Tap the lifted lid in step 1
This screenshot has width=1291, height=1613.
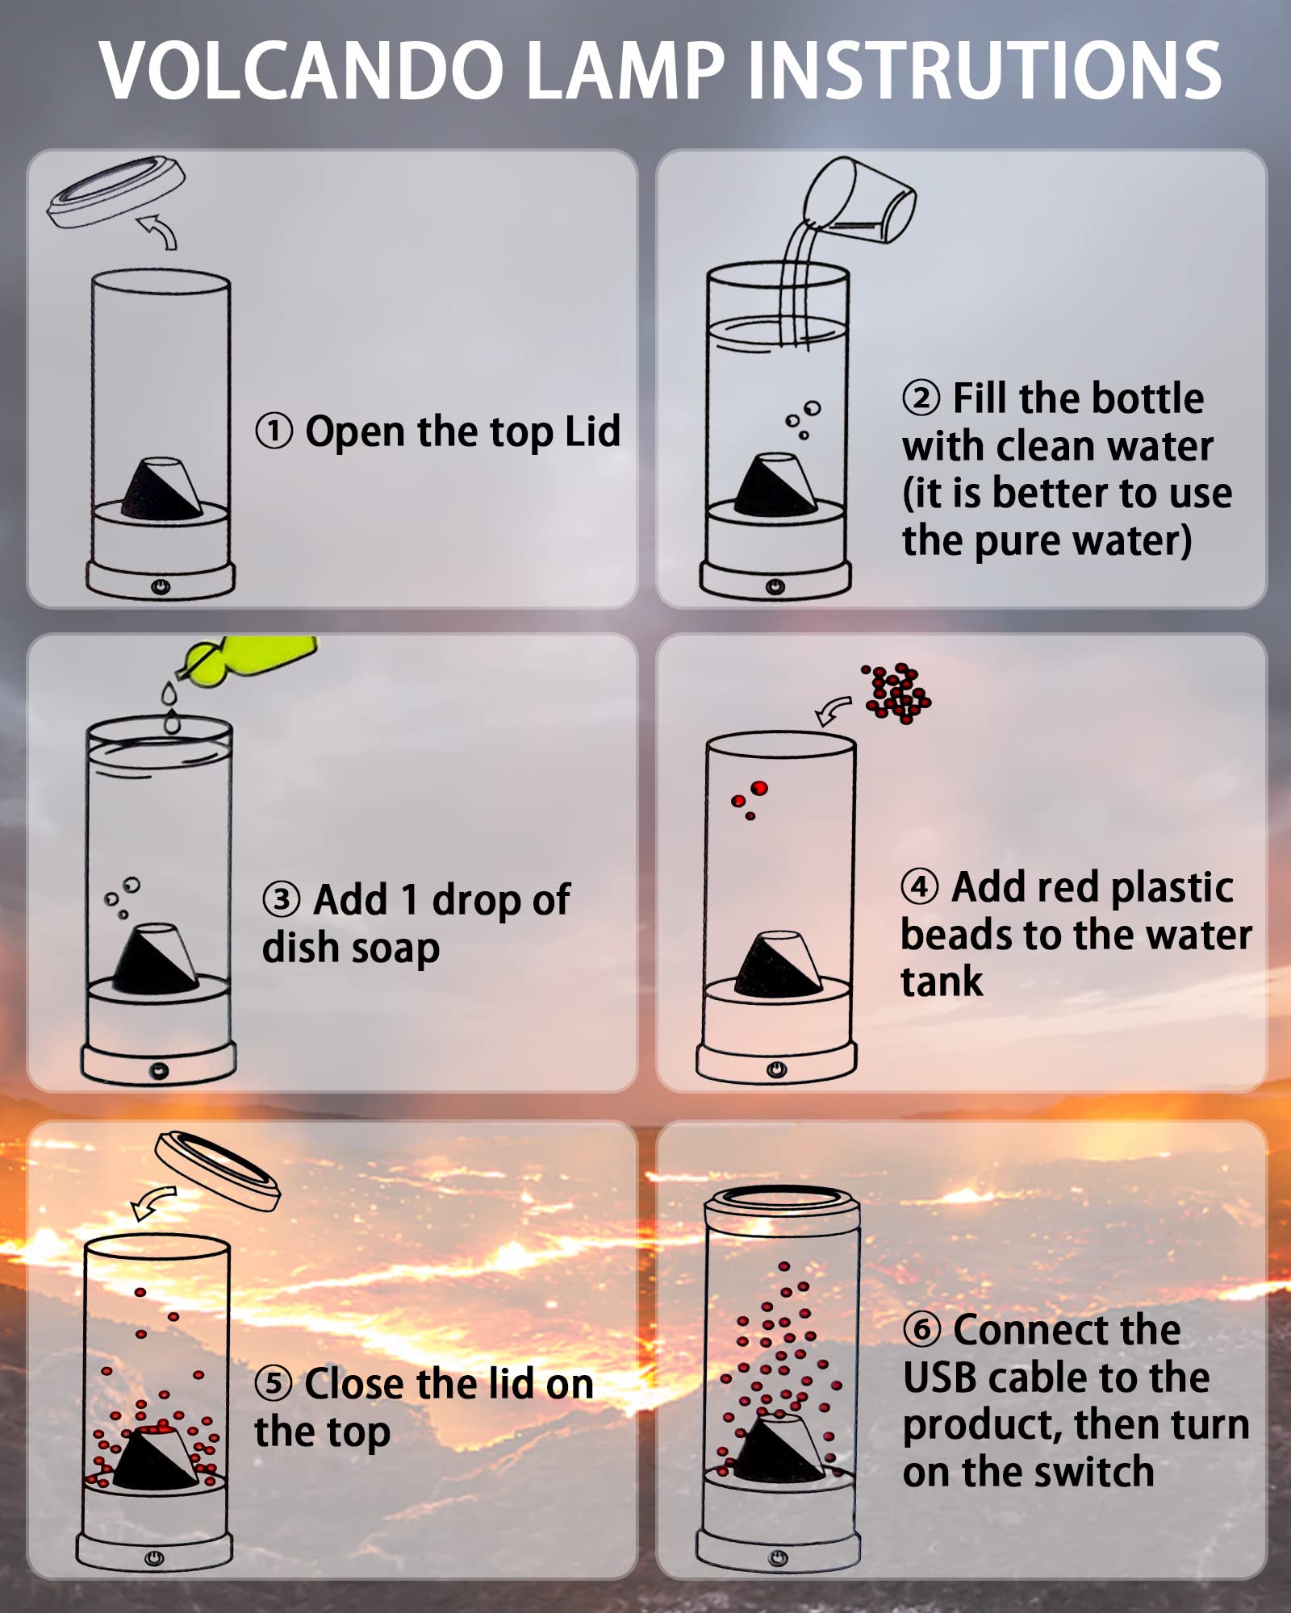tap(115, 192)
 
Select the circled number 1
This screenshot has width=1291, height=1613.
tap(274, 431)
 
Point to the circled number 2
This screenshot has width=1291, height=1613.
tap(921, 398)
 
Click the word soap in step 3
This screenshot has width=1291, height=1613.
tap(395, 948)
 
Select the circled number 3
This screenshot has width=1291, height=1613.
tap(282, 899)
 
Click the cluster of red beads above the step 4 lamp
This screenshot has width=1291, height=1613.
tap(896, 693)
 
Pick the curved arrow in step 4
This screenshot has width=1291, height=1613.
tap(833, 711)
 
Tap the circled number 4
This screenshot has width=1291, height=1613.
tap(920, 886)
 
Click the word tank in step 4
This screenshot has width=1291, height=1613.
tap(942, 982)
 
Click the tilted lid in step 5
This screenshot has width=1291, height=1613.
tap(217, 1170)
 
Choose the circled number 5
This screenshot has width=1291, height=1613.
tap(274, 1383)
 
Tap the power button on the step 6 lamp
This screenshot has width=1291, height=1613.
tap(778, 1557)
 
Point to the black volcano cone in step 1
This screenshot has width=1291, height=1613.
tap(162, 488)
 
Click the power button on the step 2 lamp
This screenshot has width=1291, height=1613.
tap(775, 586)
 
